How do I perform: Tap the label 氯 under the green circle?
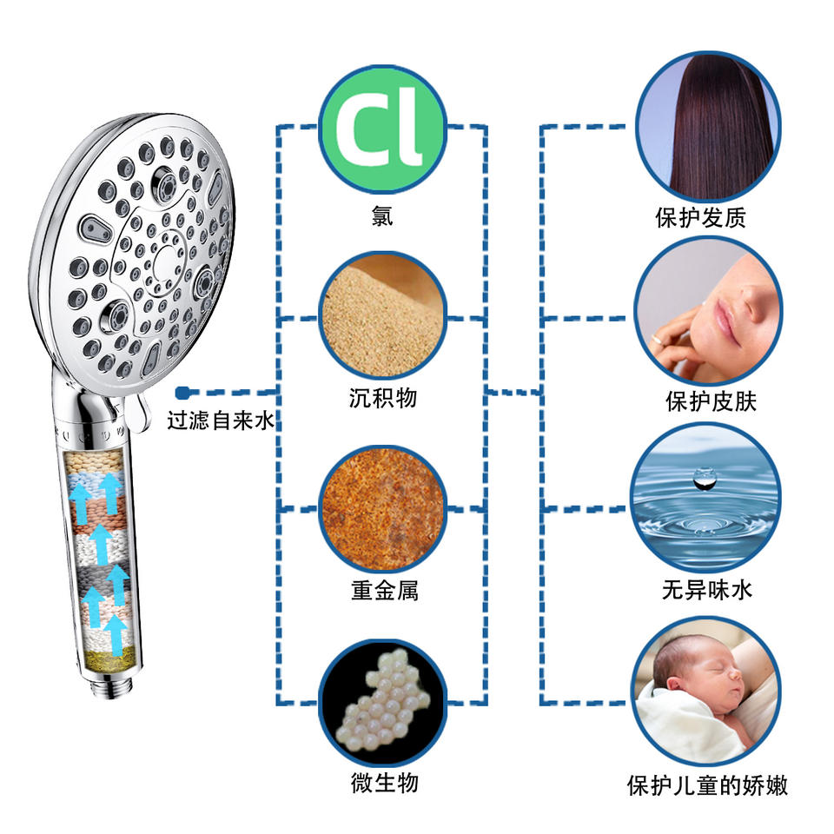tap(381, 215)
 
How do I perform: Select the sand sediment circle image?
tap(381, 317)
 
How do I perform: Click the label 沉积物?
tap(382, 399)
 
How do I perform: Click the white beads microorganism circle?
tap(382, 701)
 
